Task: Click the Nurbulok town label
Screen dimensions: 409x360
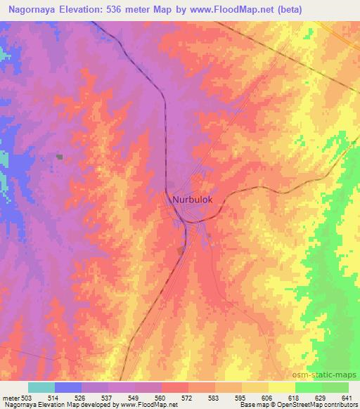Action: pos(193,200)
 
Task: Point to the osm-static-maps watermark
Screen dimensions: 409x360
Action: pos(333,376)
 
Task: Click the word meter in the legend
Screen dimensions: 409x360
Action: pos(11,397)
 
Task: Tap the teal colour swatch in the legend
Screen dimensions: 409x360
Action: pos(41,387)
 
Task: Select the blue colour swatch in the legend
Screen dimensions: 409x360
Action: pos(68,387)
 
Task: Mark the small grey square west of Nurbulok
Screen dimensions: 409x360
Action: pos(60,157)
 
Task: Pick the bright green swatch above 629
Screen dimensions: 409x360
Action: pos(309,387)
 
